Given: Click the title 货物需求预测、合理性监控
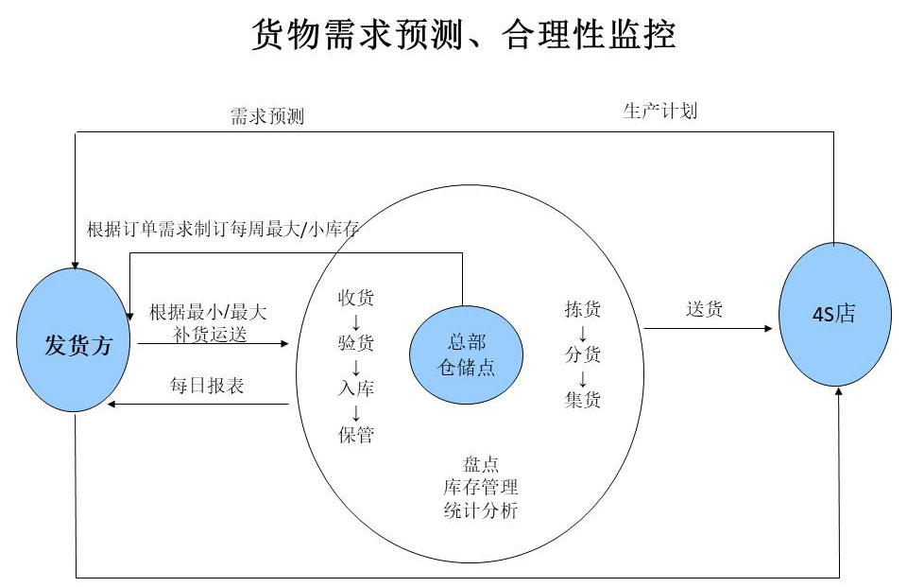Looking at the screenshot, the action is click(463, 34).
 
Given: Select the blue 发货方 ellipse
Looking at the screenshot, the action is click(74, 339).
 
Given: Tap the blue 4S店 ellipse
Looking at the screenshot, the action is click(834, 314).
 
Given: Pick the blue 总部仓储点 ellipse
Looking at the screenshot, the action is click(466, 354).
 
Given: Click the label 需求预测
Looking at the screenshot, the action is click(267, 116).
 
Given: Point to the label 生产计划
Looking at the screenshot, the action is click(660, 111).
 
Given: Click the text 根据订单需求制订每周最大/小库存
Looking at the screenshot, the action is click(223, 230).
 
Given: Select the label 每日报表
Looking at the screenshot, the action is click(207, 386).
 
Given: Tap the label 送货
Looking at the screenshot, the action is click(705, 309).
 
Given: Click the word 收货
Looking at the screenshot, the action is click(356, 298).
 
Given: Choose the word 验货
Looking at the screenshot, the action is click(356, 343).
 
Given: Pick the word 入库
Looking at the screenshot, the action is click(356, 388).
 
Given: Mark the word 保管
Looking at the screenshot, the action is click(356, 435).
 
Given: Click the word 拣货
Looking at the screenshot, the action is click(583, 309).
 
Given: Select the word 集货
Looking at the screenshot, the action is click(583, 400).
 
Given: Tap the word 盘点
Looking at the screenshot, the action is click(481, 464).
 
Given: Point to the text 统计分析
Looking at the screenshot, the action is click(481, 510).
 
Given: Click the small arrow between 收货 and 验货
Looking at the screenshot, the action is click(356, 321).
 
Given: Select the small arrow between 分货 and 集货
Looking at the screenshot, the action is click(583, 378).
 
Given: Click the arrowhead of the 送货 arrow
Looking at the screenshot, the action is click(769, 329).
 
